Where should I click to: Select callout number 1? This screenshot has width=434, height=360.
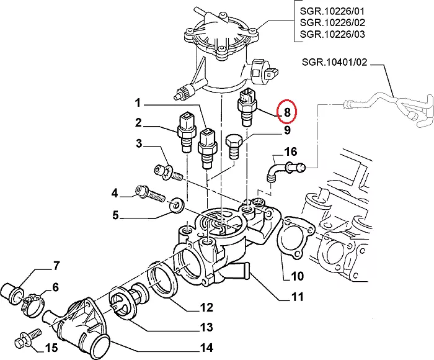tap(138, 102)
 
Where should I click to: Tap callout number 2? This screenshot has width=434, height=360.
tap(138, 122)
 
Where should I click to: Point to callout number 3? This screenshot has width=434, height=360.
tap(139, 145)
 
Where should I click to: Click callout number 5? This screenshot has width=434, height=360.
tap(115, 216)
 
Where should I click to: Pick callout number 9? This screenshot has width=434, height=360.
tap(287, 130)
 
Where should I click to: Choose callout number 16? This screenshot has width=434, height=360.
tap(291, 152)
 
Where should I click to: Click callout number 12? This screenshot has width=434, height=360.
tap(206, 307)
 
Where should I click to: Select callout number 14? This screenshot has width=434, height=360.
tap(206, 347)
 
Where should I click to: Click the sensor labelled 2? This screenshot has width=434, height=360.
tap(185, 130)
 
